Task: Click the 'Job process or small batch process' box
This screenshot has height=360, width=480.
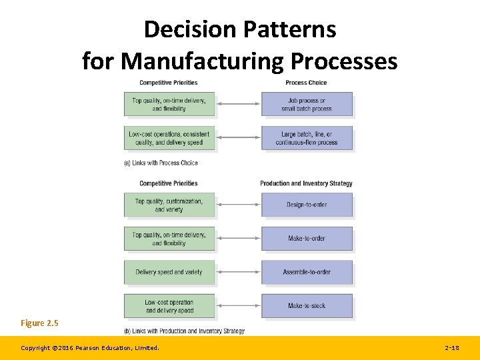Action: (307, 105)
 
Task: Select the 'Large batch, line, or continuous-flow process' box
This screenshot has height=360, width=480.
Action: (307, 138)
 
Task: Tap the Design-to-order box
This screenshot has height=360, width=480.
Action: (307, 205)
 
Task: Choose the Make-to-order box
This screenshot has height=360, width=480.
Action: (307, 238)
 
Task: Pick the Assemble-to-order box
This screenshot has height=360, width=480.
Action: (307, 272)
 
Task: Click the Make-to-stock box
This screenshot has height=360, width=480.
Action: (307, 305)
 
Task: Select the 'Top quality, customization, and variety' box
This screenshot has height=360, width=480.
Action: (169, 205)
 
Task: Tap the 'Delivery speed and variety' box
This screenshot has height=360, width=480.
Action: (169, 272)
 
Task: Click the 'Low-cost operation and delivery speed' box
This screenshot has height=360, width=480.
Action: (169, 305)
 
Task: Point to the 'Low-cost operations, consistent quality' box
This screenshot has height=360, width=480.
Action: (169, 138)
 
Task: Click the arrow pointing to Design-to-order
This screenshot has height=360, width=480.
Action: (238, 205)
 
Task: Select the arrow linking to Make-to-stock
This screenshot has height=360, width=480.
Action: (238, 305)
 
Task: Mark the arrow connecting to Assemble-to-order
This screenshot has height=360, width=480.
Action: (238, 272)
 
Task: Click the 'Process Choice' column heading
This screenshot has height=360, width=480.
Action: (306, 83)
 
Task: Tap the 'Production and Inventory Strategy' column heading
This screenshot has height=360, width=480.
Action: (306, 183)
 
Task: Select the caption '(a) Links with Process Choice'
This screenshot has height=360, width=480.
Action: (161, 163)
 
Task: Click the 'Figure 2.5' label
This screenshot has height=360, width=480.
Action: (39, 323)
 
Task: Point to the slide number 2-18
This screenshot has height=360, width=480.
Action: (451, 348)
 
